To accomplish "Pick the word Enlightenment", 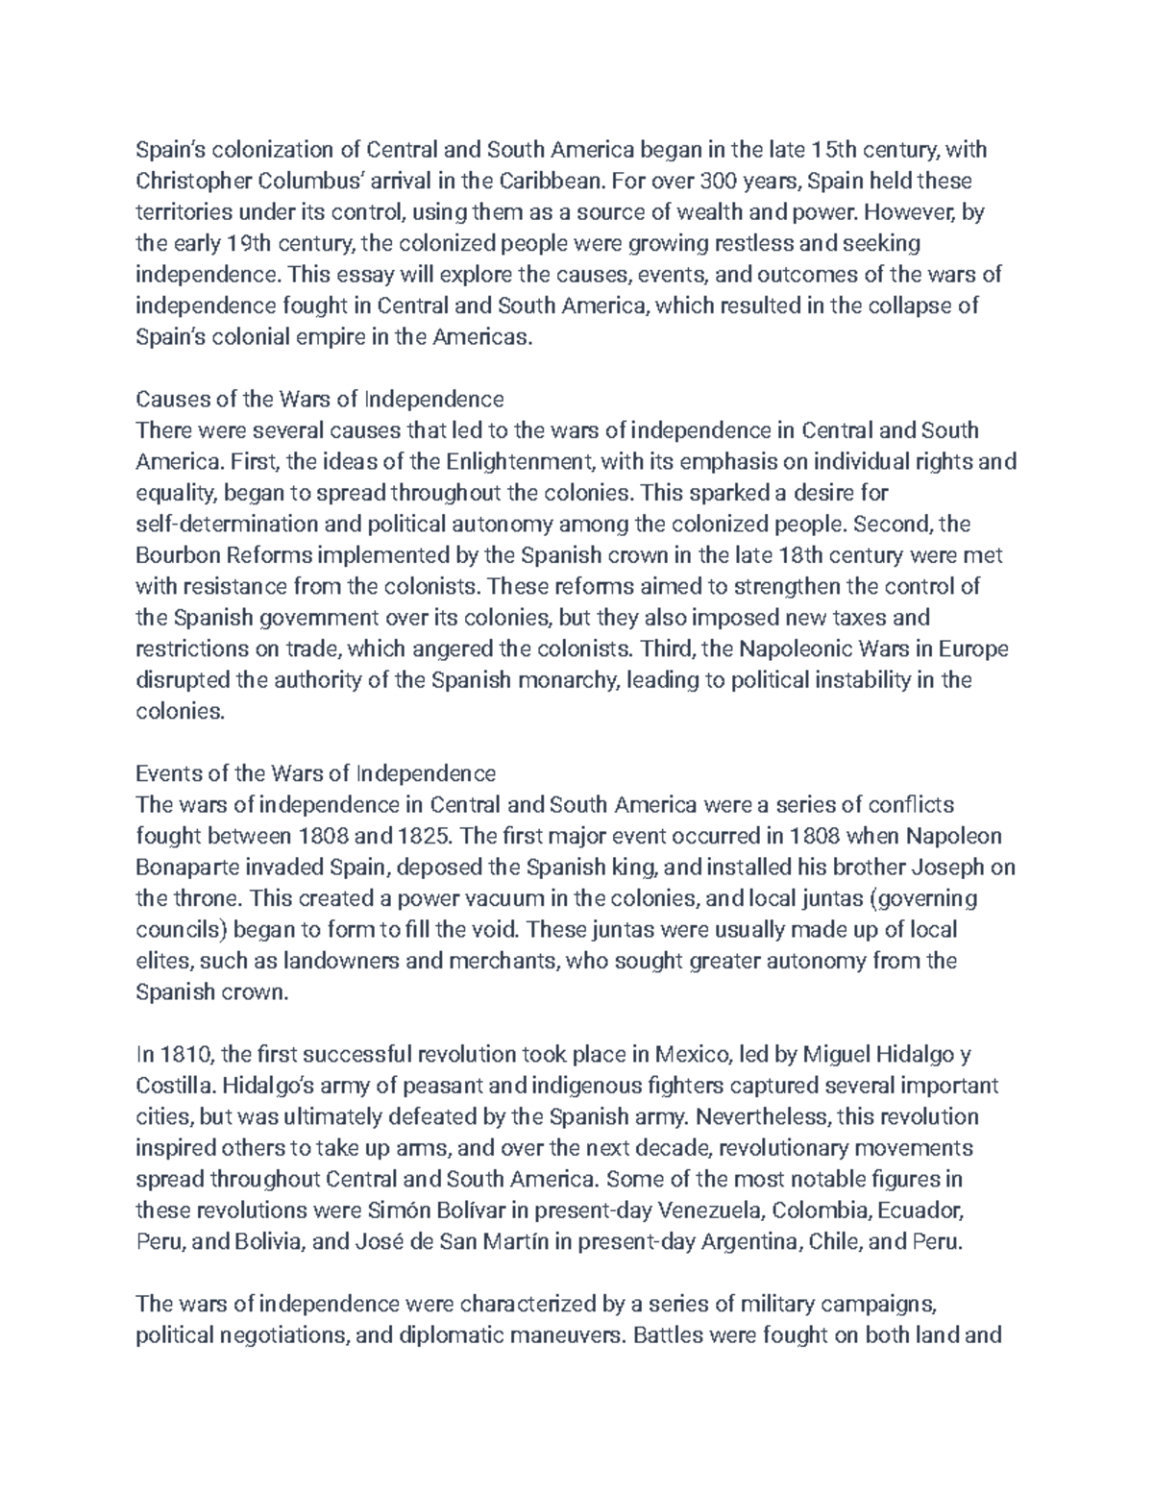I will [x=522, y=461].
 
